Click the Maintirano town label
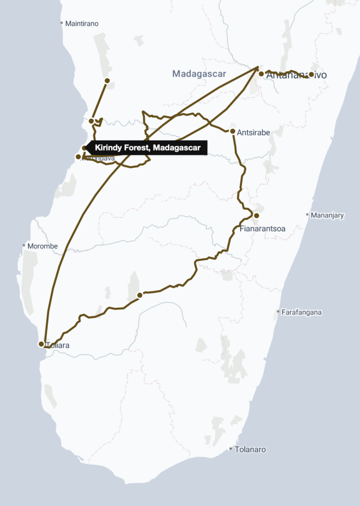(x=82, y=23)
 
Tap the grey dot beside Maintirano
(x=61, y=23)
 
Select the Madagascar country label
(x=199, y=74)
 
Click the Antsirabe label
(x=253, y=132)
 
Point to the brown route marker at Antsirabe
(x=232, y=131)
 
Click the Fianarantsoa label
(x=262, y=229)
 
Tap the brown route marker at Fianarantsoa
(x=256, y=215)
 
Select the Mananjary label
(x=327, y=215)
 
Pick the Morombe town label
(x=43, y=246)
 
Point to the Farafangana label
(x=302, y=312)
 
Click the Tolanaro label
(x=250, y=450)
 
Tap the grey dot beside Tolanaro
(x=230, y=449)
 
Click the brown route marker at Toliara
(x=41, y=344)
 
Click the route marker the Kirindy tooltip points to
(x=85, y=148)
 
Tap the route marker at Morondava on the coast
(x=78, y=157)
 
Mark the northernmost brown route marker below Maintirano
(x=107, y=81)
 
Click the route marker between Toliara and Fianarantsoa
(x=139, y=295)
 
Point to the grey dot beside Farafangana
(x=278, y=312)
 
